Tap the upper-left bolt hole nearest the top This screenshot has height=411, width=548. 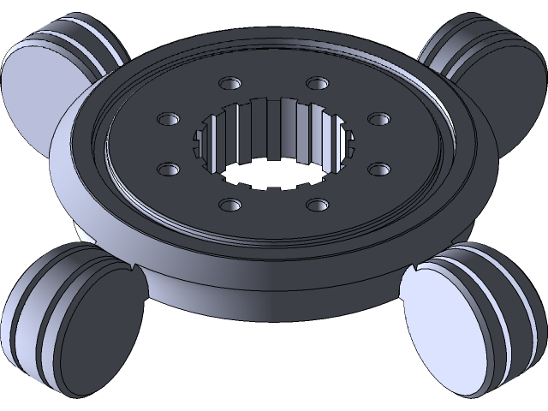tap(229, 84)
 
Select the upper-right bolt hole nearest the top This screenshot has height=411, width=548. tap(318, 84)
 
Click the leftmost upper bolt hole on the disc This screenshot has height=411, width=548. tap(166, 118)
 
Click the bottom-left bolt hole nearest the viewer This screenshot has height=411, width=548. tap(229, 205)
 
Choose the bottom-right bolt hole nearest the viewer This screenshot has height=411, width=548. tap(318, 205)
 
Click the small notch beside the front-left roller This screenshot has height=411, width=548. tap(135, 270)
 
